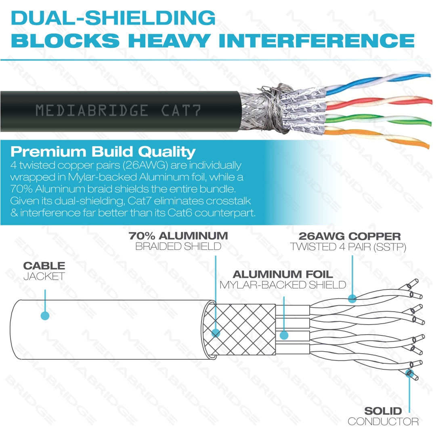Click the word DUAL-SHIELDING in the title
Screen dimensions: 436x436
113,18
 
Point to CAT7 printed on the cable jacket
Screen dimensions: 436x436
180,110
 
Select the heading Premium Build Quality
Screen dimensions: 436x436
103,152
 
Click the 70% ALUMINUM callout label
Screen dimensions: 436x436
178,236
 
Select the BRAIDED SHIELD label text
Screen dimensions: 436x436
178,247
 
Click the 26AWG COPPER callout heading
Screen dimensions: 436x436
350,236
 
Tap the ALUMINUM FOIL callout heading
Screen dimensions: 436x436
283,275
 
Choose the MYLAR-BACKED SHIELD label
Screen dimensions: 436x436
283,285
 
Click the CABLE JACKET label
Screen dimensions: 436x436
44,271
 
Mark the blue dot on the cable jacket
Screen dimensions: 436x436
45,316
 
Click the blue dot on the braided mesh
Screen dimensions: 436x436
216,333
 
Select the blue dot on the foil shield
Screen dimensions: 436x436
284,335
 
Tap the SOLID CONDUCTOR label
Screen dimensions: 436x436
383,416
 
